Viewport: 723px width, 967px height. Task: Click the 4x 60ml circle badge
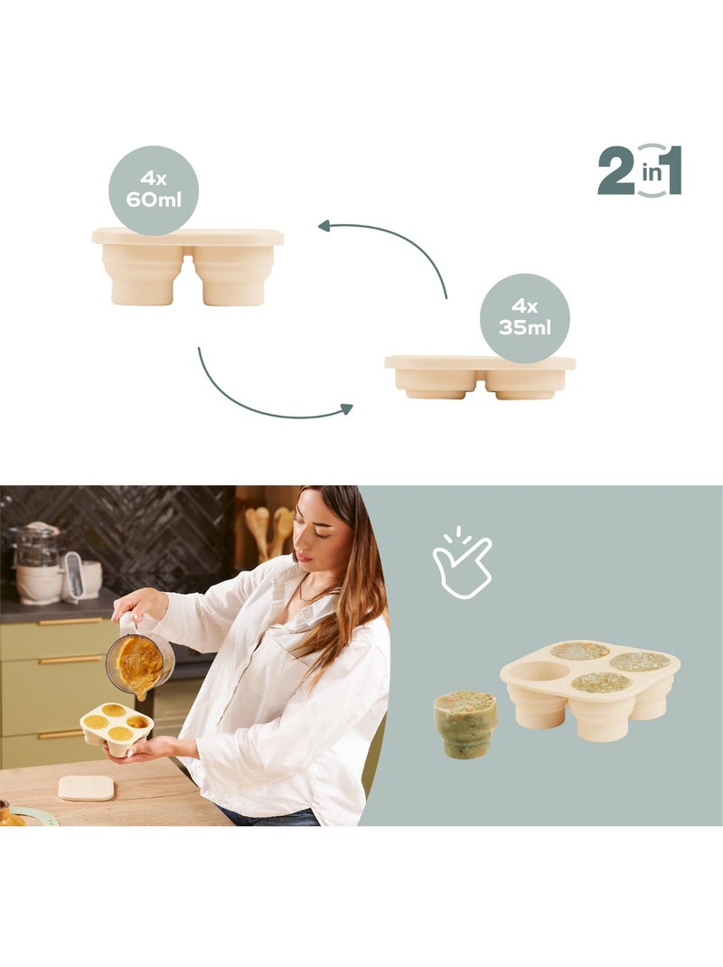pyautogui.click(x=154, y=190)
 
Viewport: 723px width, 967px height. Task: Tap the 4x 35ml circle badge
pyautogui.click(x=525, y=318)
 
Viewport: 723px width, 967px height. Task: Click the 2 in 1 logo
pyautogui.click(x=640, y=171)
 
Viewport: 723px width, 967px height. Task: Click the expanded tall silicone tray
pyautogui.click(x=188, y=267)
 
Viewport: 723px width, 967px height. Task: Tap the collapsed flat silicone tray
pyautogui.click(x=480, y=377)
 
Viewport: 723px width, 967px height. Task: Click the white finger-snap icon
pyautogui.click(x=462, y=562)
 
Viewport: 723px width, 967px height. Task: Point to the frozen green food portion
pyautogui.click(x=465, y=724)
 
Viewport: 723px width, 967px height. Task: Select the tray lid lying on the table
pyautogui.click(x=87, y=788)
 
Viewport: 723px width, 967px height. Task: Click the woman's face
pyautogui.click(x=319, y=533)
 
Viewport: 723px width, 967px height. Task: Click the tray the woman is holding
pyautogui.click(x=117, y=729)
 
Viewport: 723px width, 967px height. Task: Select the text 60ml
pyautogui.click(x=154, y=200)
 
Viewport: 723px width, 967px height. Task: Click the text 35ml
pyautogui.click(x=525, y=327)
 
